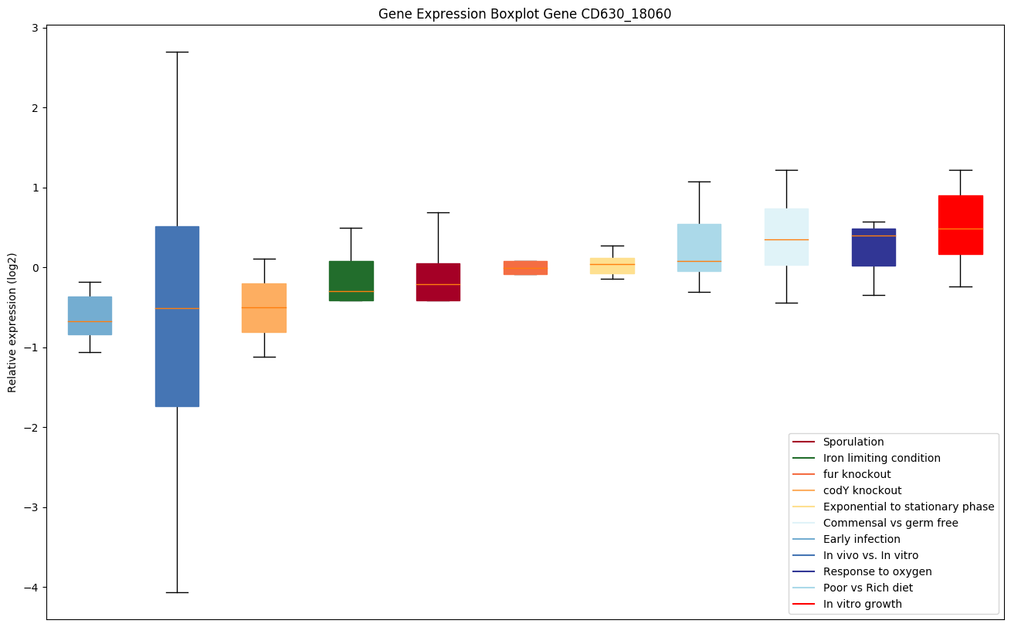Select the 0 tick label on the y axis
coord(36,268)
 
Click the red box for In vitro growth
coord(960,225)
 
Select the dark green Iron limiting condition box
coord(351,280)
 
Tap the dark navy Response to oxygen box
coord(873,247)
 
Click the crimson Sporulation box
coord(438,282)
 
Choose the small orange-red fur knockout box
coord(525,267)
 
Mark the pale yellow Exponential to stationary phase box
coord(612,266)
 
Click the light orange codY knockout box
coord(264,308)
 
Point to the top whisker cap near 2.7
coord(177,52)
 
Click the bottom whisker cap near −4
coord(177,592)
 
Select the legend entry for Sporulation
coord(853,442)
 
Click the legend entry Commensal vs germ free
coord(890,524)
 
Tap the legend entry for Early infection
coord(861,540)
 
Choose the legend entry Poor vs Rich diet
coord(867,588)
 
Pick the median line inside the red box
coord(960,229)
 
